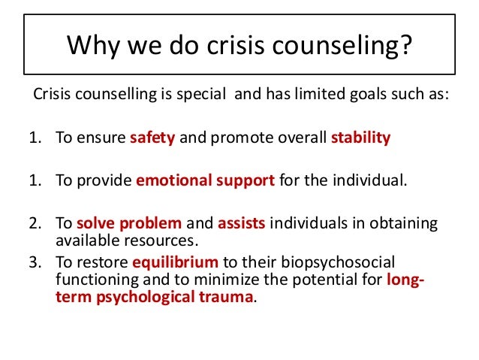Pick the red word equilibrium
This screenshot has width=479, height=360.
point(175,263)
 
